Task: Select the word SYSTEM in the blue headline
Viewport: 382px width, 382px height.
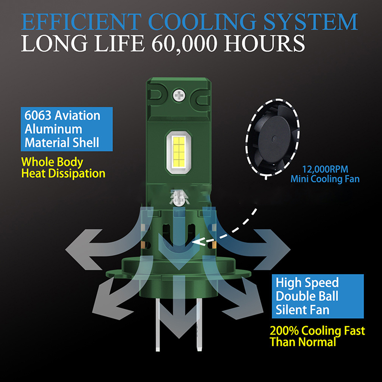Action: (x=312, y=21)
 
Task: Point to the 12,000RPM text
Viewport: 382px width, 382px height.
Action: (x=323, y=169)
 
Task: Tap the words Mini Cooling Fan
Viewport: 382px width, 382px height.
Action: (x=325, y=180)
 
